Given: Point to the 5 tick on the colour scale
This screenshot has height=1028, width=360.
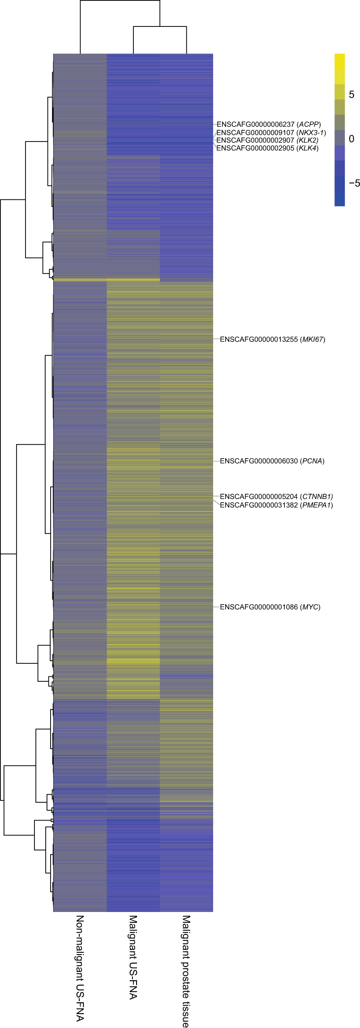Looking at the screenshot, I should [x=351, y=95].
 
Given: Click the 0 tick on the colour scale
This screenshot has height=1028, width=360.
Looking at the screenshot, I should [x=351, y=139].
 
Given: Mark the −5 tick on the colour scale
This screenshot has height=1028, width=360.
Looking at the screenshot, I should [x=354, y=183].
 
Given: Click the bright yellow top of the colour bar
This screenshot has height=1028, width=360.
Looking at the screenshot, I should [x=339, y=60].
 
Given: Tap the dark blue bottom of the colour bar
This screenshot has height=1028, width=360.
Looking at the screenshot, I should [x=339, y=199].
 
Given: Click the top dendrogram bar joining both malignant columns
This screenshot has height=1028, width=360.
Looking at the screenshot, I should [x=159, y=27].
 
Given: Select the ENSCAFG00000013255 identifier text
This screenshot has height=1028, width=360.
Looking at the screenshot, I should [x=259, y=340].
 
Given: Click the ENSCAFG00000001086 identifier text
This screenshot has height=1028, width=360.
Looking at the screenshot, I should [x=259, y=607].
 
